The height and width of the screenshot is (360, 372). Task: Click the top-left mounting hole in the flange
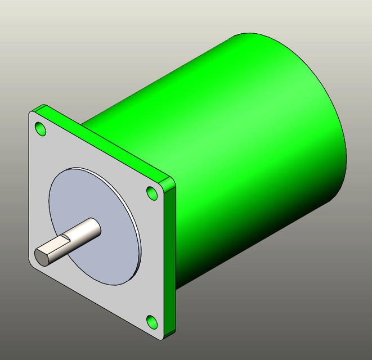point(41,129)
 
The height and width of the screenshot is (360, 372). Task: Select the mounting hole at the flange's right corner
point(152,192)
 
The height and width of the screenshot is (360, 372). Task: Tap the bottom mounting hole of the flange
point(151,321)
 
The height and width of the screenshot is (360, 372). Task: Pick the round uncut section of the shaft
point(87,229)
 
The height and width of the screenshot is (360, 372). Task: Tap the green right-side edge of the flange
point(171,259)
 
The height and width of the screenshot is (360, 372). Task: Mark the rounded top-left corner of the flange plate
point(32,114)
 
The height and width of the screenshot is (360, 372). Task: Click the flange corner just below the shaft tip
point(34,264)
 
